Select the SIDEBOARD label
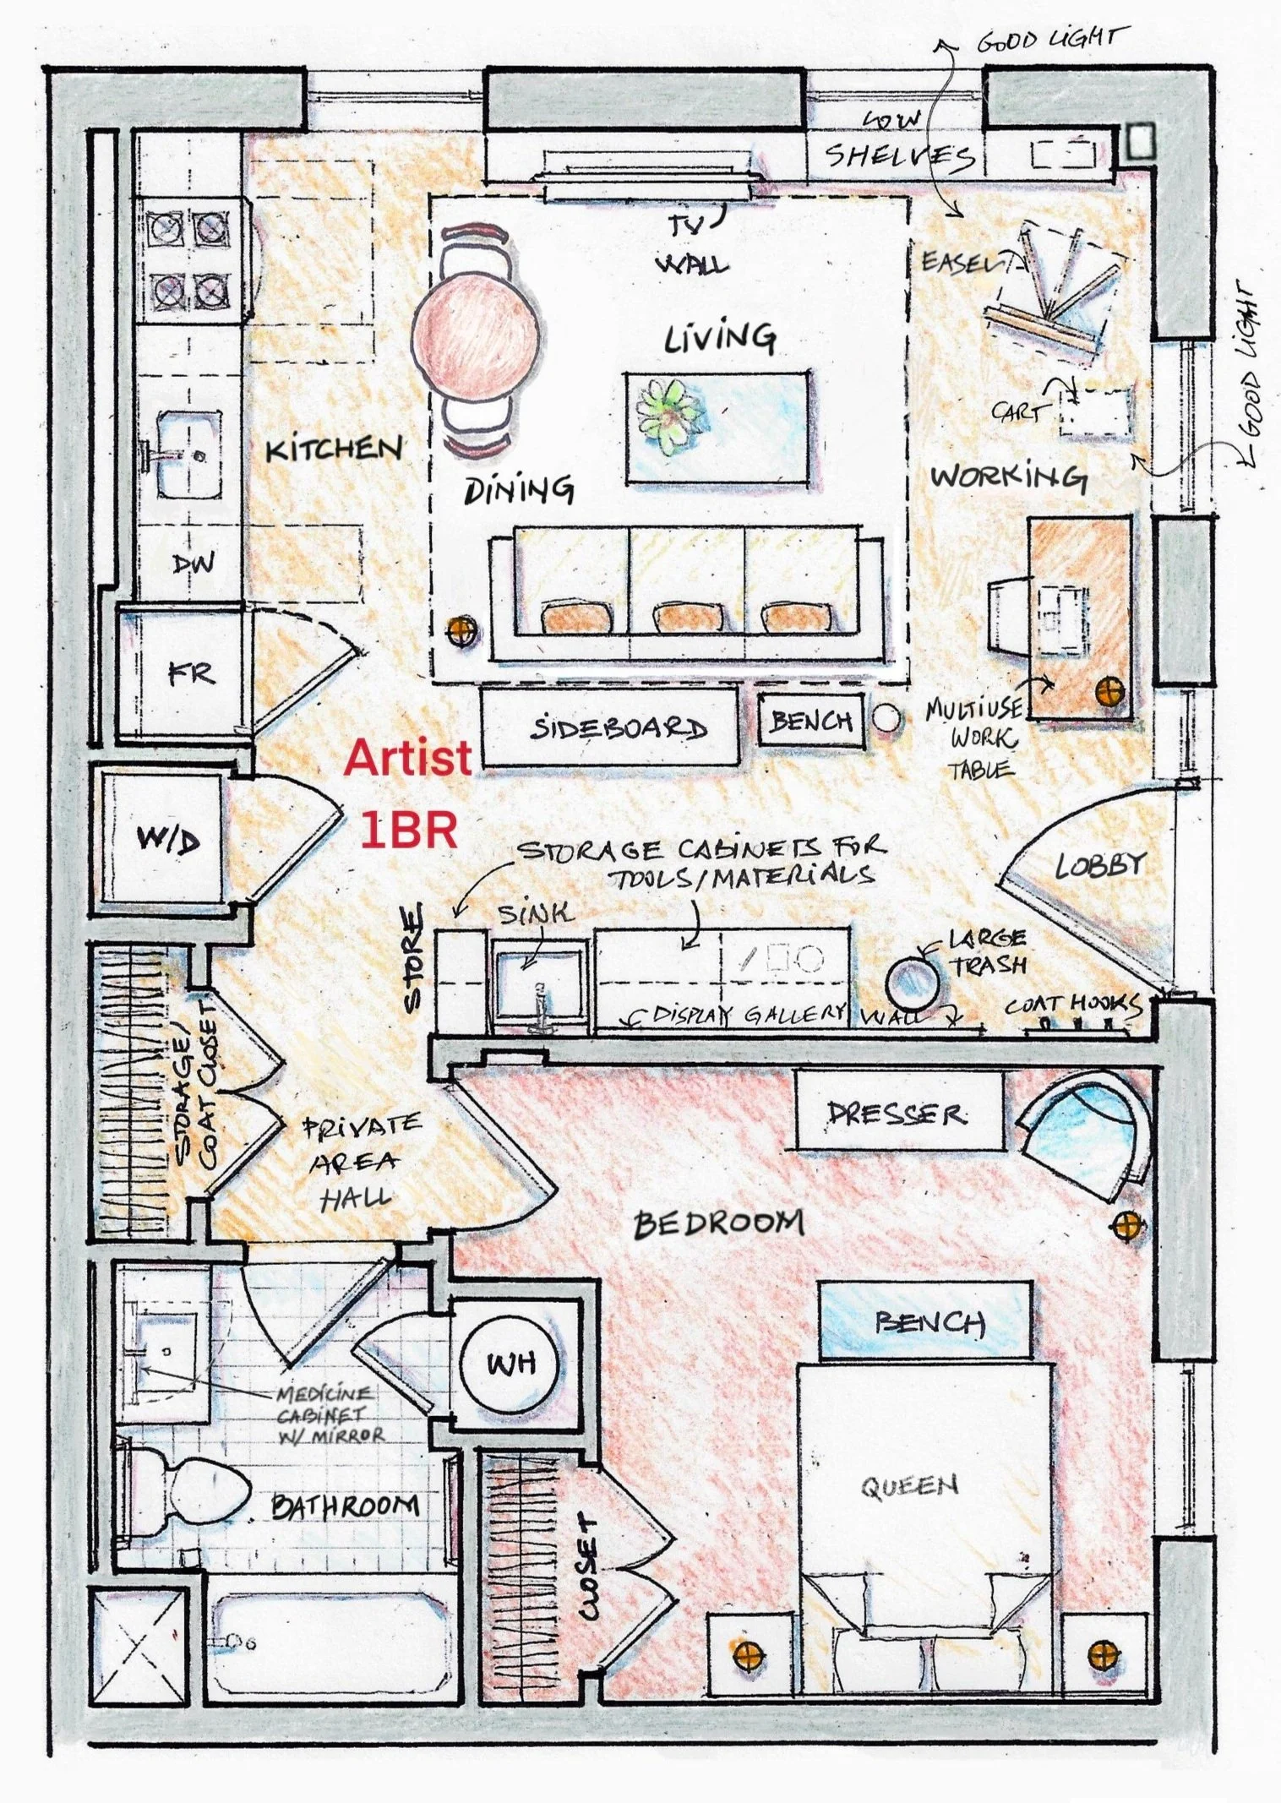(618, 728)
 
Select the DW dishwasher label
(193, 564)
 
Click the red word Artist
(407, 757)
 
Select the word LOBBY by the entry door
(1099, 864)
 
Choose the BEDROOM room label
(718, 1223)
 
